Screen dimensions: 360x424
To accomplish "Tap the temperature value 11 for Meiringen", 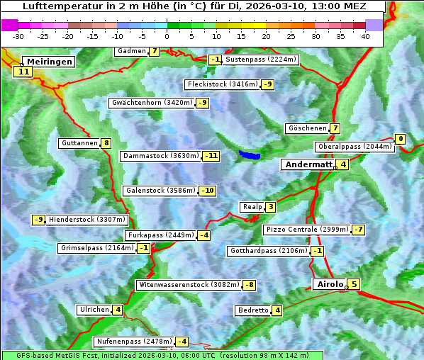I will click(23, 72).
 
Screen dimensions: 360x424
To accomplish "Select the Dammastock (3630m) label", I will click(161, 156).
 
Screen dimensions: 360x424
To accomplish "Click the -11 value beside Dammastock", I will click(211, 156).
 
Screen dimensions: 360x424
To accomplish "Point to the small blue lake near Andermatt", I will click(250, 154).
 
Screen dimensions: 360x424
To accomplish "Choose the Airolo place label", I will click(330, 284).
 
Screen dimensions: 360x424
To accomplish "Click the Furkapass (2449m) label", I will click(160, 235).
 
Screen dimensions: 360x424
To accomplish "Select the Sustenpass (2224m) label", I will click(261, 60).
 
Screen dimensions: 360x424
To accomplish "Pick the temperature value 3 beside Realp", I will click(271, 207).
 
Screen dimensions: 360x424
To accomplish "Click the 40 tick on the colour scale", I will click(365, 35).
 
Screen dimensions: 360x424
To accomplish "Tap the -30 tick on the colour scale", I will click(18, 35).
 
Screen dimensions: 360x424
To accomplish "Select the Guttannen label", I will click(79, 143).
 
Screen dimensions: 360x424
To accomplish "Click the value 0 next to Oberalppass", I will click(401, 139).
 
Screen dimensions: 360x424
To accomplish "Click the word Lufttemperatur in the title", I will click(57, 6).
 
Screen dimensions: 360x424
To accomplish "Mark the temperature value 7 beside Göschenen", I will click(335, 129).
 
